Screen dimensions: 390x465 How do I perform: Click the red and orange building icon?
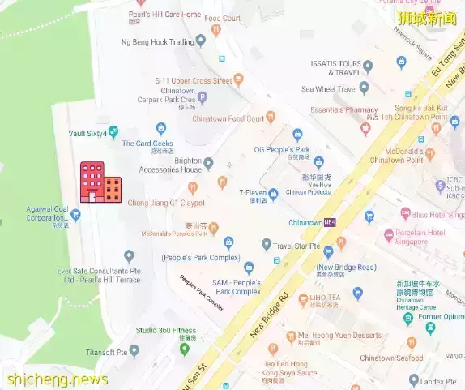click(x=100, y=182)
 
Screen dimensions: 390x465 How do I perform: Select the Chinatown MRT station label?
click(x=305, y=222)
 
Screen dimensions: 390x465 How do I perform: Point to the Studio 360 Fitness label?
click(x=166, y=330)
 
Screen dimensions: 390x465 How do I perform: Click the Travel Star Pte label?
click(x=296, y=245)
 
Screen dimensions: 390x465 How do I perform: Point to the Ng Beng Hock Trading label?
click(x=158, y=41)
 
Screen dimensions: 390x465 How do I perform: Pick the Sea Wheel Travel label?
click(x=329, y=89)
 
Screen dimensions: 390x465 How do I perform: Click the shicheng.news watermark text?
click(x=57, y=379)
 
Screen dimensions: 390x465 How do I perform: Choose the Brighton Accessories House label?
click(x=176, y=165)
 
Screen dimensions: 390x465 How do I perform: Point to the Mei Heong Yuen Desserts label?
click(x=339, y=335)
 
